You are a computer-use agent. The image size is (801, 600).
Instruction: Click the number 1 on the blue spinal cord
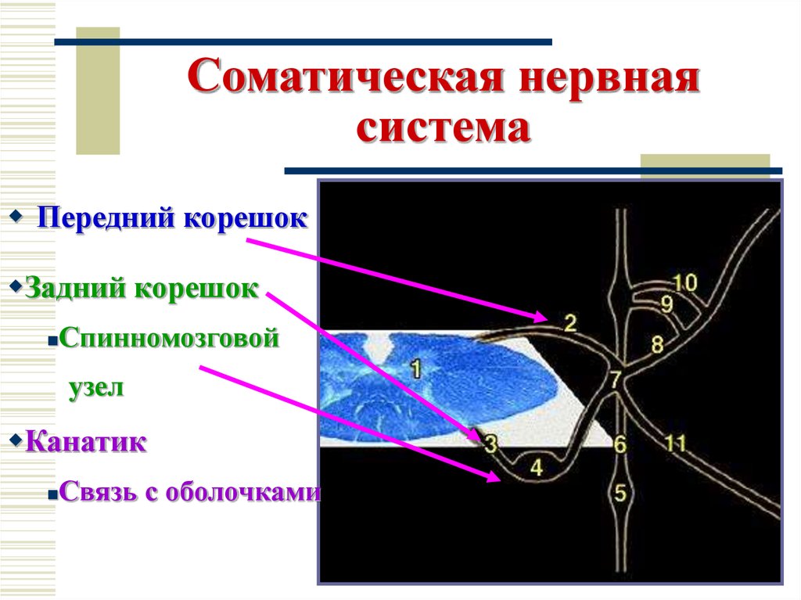pos(415,367)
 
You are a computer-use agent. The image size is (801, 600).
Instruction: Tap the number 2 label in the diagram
pos(569,322)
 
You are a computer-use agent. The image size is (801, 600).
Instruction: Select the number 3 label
pos(490,444)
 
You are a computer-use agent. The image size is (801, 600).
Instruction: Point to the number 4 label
pos(536,467)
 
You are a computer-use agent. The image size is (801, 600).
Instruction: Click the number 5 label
pos(620,493)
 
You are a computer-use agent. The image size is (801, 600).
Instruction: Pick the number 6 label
pos(620,445)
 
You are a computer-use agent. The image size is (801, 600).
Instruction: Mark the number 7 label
pos(616,380)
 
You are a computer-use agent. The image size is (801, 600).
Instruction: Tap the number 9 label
pos(666,304)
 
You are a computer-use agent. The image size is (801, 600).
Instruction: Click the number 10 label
pos(684,283)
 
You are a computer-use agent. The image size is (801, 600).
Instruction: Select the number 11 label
pos(675,444)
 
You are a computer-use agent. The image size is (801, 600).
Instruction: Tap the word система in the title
pos(444,128)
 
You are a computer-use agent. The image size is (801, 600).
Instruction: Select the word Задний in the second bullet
pos(74,288)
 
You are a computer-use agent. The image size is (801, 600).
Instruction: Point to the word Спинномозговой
pos(168,340)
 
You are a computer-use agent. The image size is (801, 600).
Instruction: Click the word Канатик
pos(86,442)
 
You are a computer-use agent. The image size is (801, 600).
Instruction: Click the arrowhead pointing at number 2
pos(542,317)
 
